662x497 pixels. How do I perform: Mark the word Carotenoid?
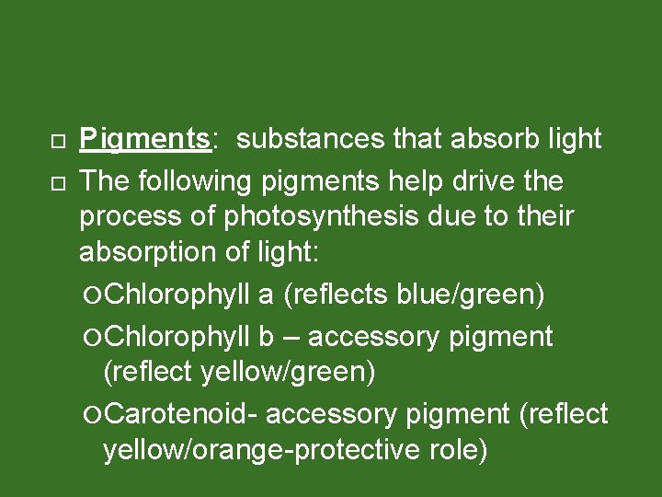click(182, 415)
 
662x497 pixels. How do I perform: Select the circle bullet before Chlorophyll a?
click(97, 296)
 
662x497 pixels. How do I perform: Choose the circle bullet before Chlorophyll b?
click(97, 338)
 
